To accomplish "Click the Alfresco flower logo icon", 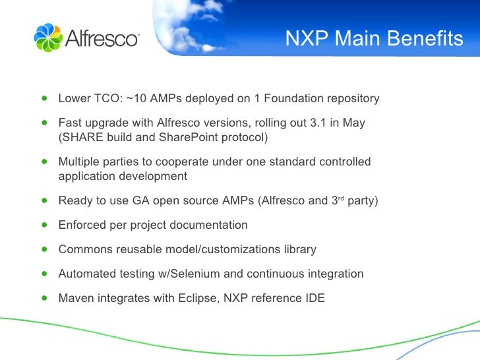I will click(47, 38).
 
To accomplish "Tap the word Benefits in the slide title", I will click(426, 40).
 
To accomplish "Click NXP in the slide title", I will click(307, 40).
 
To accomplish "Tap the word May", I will click(353, 123).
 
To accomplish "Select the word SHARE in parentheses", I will click(80, 138).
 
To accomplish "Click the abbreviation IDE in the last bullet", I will click(315, 298).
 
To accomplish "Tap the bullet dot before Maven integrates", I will click(44, 297).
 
